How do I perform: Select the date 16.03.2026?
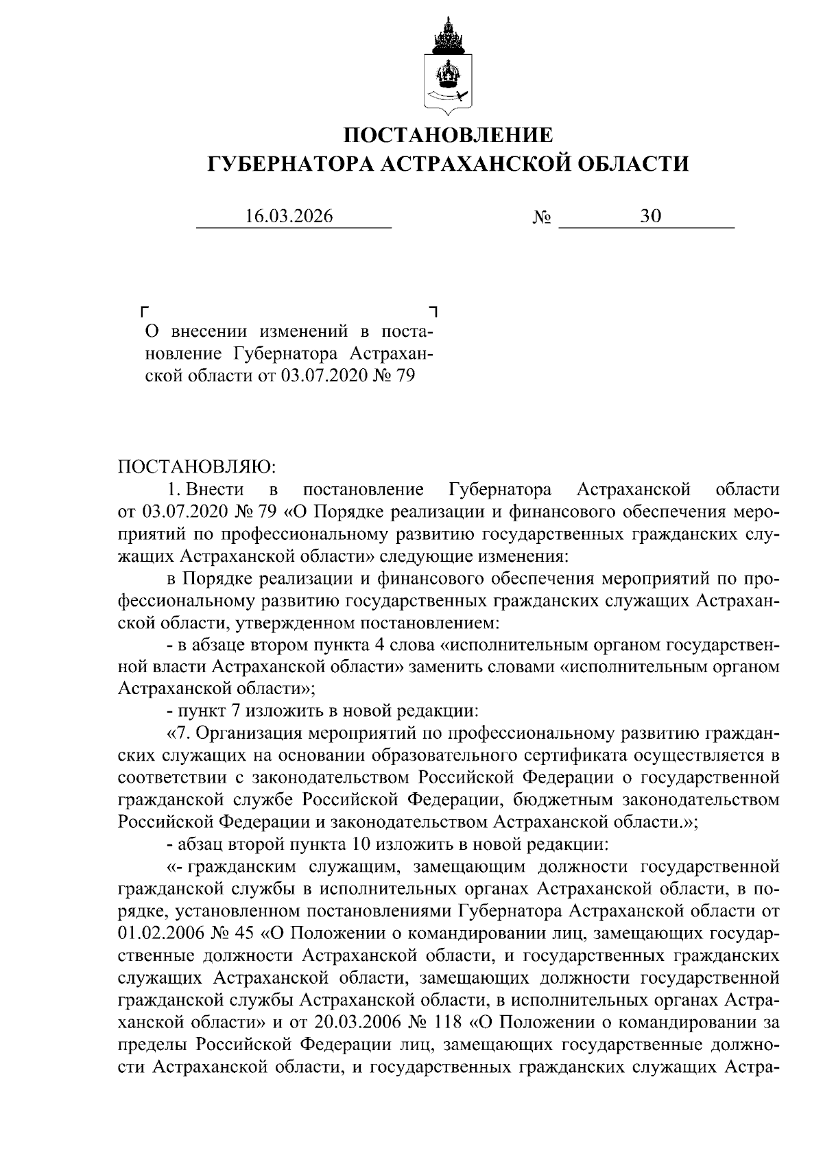(x=289, y=217)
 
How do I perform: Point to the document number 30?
(x=650, y=217)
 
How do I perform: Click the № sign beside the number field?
(x=542, y=219)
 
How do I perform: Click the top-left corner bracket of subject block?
(x=144, y=311)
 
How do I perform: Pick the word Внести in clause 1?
(x=215, y=490)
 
